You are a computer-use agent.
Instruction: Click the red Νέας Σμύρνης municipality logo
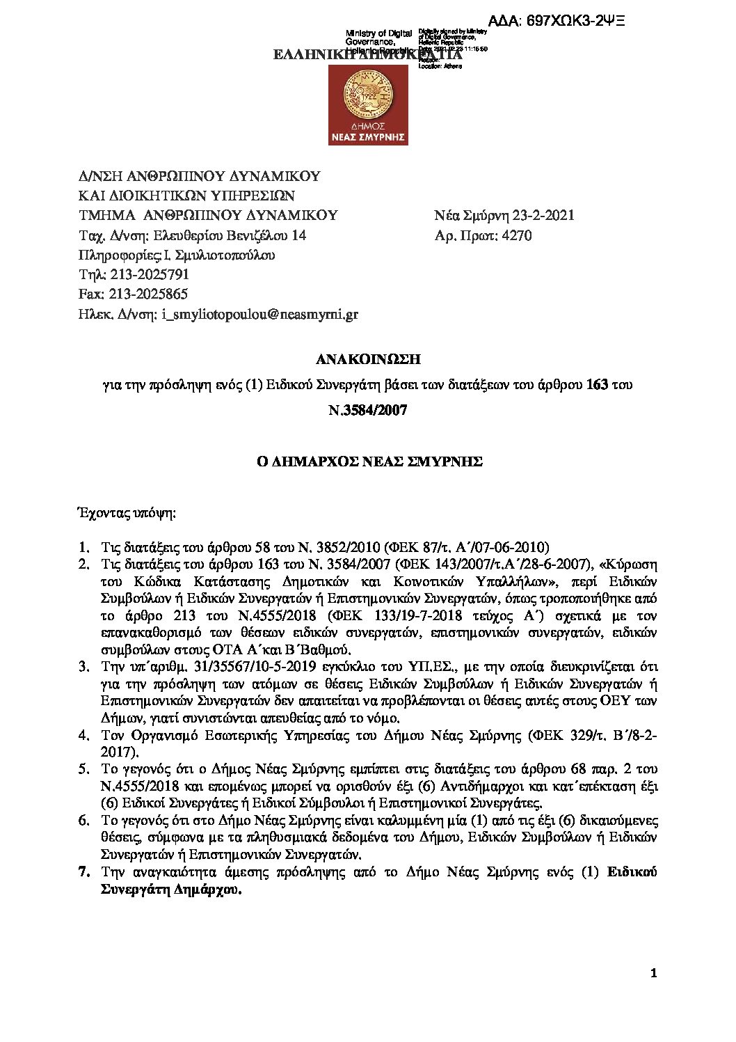tap(368, 103)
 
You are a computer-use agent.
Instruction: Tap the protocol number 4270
tap(517, 235)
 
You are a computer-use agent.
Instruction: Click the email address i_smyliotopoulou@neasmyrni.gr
tap(259, 314)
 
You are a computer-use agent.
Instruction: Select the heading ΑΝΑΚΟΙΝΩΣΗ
tap(368, 359)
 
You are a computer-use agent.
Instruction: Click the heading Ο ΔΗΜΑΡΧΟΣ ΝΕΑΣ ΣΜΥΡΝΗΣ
tap(368, 461)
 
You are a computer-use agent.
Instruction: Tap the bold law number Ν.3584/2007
tap(368, 410)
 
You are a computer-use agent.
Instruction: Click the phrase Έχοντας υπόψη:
tap(126, 514)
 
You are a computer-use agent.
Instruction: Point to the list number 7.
tap(84, 871)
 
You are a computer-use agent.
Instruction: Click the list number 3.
tap(84, 667)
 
